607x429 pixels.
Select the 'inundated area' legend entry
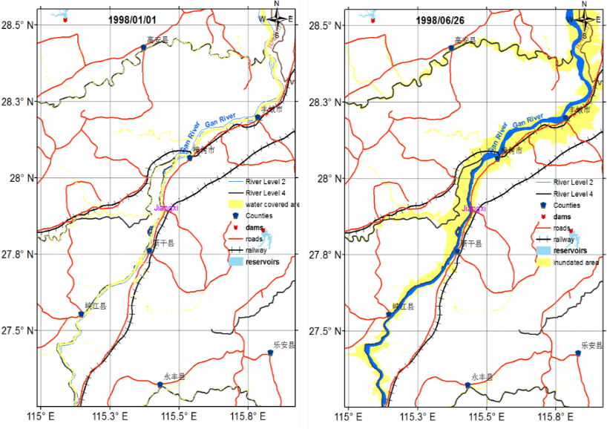click(x=568, y=262)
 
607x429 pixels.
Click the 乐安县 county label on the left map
click(x=282, y=345)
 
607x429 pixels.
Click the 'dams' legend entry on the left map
click(x=256, y=227)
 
